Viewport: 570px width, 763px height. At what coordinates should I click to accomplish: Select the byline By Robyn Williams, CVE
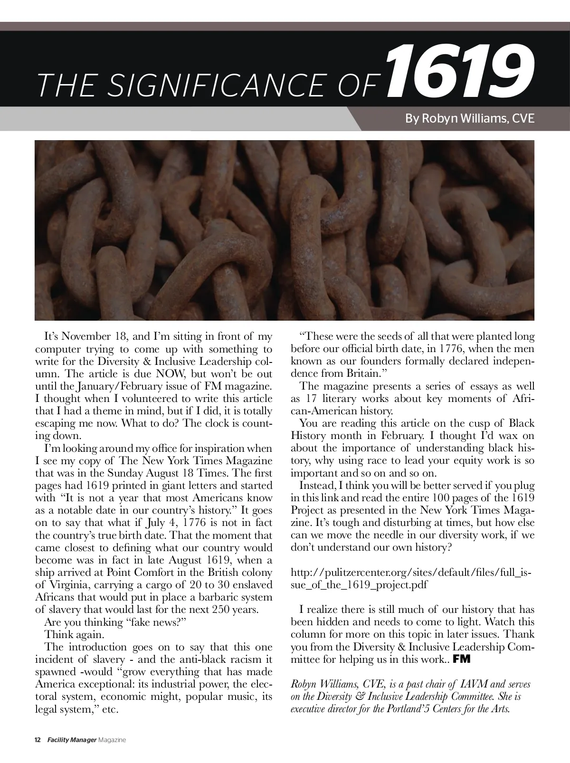(469, 118)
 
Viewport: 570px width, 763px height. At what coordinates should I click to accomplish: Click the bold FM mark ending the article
(462, 659)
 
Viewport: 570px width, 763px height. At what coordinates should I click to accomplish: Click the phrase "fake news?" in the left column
(160, 622)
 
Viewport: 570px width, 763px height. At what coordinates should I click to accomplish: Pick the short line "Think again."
(74, 634)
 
